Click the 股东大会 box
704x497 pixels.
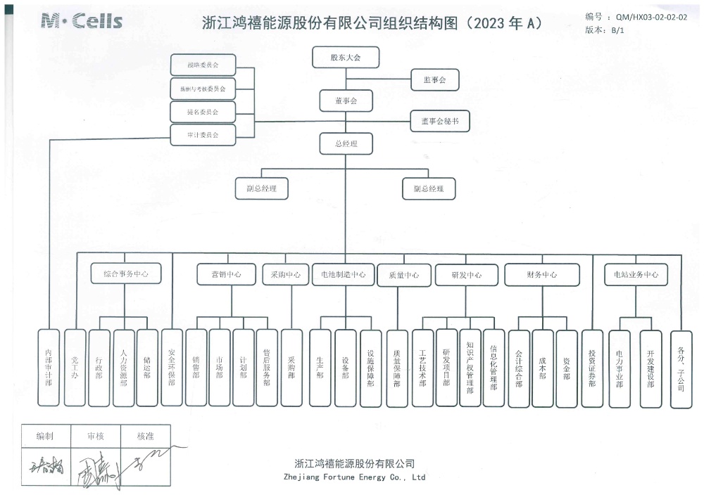(x=345, y=57)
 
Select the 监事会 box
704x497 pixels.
(x=434, y=80)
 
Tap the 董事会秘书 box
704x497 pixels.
(x=439, y=121)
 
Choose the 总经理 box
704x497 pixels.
(x=345, y=143)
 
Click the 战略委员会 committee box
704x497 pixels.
(x=203, y=65)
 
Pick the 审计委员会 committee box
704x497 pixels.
(x=203, y=134)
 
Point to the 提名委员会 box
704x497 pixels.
(x=203, y=111)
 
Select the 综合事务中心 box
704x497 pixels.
(x=125, y=274)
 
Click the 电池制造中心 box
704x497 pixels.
(x=343, y=274)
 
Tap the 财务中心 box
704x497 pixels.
(x=541, y=274)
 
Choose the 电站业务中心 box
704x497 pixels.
(x=636, y=274)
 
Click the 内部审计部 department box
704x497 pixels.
(x=49, y=368)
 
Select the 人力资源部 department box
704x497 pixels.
(x=123, y=368)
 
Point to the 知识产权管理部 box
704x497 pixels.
(x=470, y=368)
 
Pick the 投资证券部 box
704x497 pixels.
(x=592, y=368)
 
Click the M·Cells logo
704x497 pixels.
(x=82, y=21)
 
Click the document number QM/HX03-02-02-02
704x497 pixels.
(x=650, y=18)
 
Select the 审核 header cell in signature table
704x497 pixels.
(x=95, y=436)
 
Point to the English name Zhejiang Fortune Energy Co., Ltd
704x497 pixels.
(x=355, y=477)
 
